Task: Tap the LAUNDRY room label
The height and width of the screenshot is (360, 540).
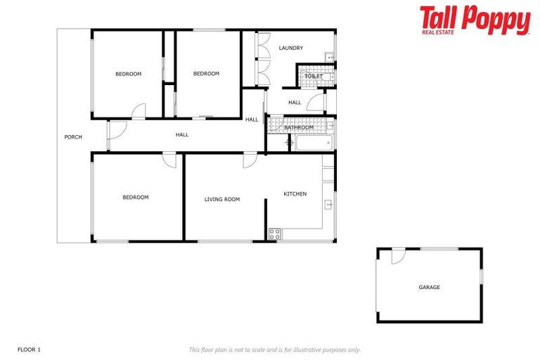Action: coord(290,48)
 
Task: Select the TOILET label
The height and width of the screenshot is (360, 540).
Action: coord(314,76)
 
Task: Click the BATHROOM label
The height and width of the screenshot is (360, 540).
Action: coord(308,127)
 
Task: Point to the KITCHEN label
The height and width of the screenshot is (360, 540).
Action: coord(295,193)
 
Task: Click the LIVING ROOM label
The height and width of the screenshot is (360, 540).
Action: coord(222,199)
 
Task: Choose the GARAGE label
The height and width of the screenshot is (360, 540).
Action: coord(429,287)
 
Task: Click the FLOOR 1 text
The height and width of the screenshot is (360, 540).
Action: coord(30,349)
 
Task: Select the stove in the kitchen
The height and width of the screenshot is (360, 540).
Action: coord(274,234)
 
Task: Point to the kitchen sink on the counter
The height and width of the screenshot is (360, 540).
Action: coord(328,205)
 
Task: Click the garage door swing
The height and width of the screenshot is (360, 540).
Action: coord(398,257)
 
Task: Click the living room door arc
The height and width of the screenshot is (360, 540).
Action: coord(250,160)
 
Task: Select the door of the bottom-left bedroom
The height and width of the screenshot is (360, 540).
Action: coord(169,160)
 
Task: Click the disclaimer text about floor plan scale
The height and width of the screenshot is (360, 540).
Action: coord(274,349)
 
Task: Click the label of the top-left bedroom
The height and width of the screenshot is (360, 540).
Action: coord(128,74)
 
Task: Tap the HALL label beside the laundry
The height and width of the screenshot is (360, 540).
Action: coord(295,103)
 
